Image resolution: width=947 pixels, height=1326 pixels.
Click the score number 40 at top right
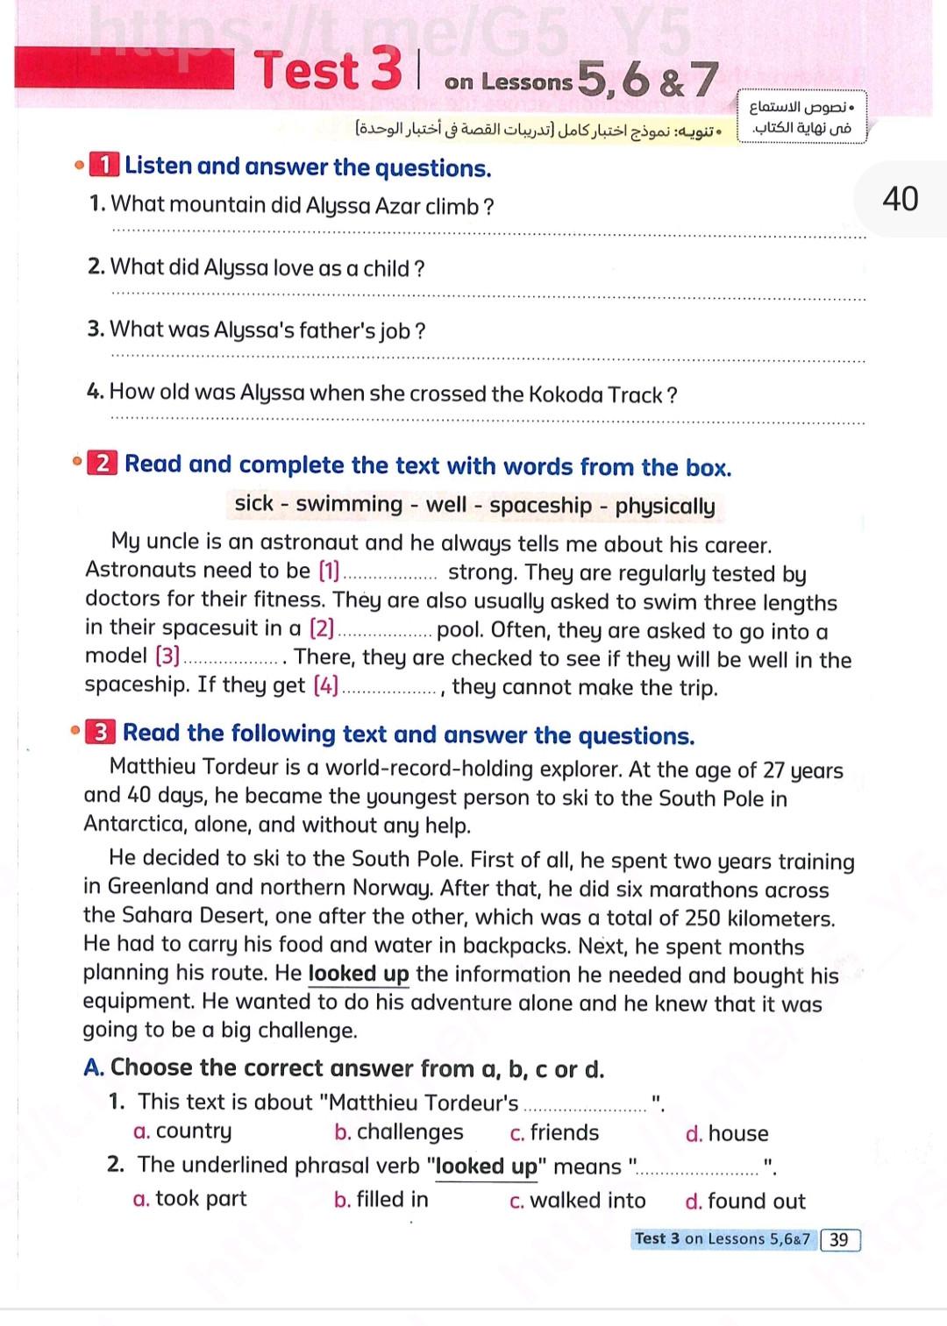tap(900, 199)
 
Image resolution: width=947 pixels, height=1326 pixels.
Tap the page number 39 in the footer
tap(839, 1239)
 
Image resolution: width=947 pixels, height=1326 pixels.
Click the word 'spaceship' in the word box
tap(540, 506)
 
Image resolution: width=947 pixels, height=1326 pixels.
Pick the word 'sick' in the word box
tap(254, 503)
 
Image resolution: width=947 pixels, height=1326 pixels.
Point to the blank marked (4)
tap(389, 688)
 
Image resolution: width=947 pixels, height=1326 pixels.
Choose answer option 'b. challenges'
tap(399, 1132)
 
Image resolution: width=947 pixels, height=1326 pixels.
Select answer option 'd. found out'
tap(745, 1201)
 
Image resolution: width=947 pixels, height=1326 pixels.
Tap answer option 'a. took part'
tap(190, 1198)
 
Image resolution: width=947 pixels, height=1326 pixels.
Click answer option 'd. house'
tap(727, 1134)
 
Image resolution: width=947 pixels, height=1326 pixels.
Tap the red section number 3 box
tap(101, 733)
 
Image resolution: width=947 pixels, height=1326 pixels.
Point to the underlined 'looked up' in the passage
tap(359, 975)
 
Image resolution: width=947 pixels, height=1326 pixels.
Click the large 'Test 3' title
tap(329, 70)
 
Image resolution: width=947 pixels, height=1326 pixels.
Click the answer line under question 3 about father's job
tap(488, 357)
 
